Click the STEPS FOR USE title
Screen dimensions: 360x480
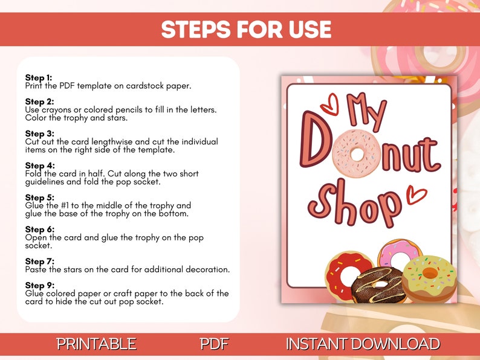[246, 29]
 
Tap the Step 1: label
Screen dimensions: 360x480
[39, 78]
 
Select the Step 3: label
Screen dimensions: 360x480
[39, 133]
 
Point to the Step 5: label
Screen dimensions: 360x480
[39, 198]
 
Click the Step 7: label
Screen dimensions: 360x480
[39, 262]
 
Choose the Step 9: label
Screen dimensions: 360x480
[39, 285]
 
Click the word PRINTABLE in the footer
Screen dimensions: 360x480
[96, 344]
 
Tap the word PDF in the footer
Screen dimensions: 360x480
[214, 344]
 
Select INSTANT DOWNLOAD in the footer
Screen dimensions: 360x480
[363, 344]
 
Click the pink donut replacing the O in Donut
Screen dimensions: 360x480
[357, 153]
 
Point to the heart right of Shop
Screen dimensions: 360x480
[415, 194]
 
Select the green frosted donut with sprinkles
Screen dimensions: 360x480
[429, 278]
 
